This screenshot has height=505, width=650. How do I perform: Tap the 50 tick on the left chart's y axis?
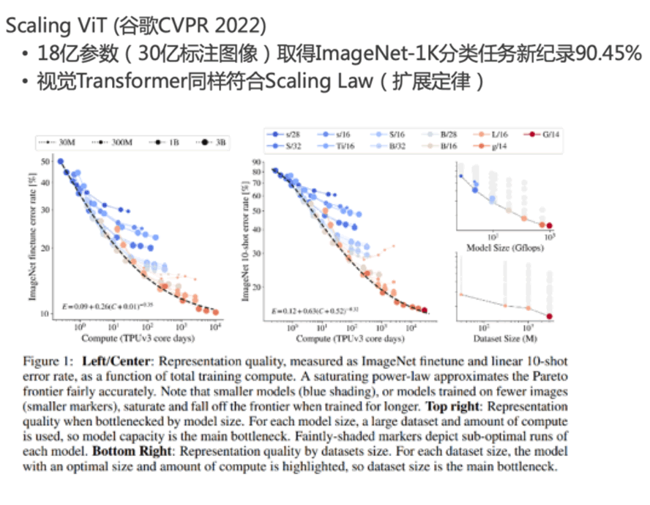pyautogui.click(x=45, y=161)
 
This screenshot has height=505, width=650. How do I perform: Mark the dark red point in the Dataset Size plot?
pyautogui.click(x=549, y=315)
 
